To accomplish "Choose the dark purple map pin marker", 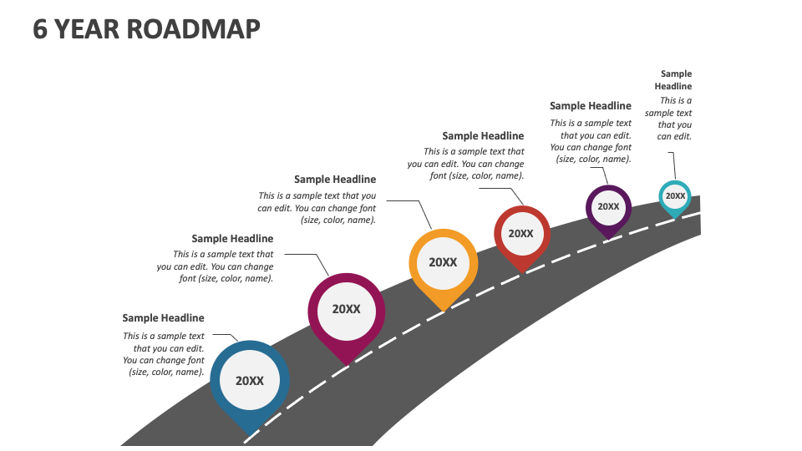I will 608,208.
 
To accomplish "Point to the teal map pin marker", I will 674,198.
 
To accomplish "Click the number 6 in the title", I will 40,28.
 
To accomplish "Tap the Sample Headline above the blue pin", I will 163,318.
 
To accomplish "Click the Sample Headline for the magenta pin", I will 232,239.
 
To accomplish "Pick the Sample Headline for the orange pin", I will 335,180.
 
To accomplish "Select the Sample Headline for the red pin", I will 483,136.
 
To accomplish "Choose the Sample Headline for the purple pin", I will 591,106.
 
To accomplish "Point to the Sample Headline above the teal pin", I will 673,80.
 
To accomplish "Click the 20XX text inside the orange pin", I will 443,262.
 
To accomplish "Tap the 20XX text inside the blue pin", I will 249,381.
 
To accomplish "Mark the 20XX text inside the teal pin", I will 675,196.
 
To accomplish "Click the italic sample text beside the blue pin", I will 164,354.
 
